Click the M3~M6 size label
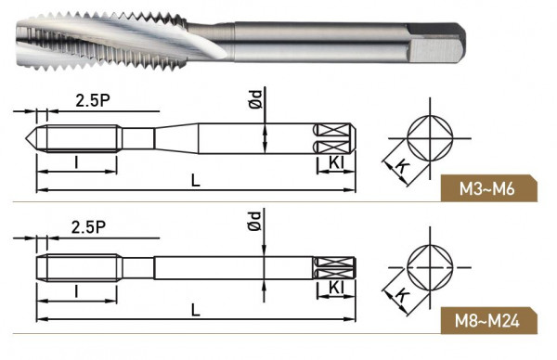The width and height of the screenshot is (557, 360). click(486, 189)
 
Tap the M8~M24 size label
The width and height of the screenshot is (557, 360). click(487, 321)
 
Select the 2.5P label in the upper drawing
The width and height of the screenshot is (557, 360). click(93, 100)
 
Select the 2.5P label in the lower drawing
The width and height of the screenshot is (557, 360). click(88, 227)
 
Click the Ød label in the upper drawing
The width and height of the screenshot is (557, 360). click(255, 99)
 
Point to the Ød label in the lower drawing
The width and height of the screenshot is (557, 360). click(254, 221)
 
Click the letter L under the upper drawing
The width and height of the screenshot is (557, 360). click(196, 180)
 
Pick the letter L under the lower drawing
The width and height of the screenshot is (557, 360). click(196, 310)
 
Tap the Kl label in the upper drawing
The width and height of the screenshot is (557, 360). click(336, 163)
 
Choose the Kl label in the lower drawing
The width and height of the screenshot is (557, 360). click(336, 288)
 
